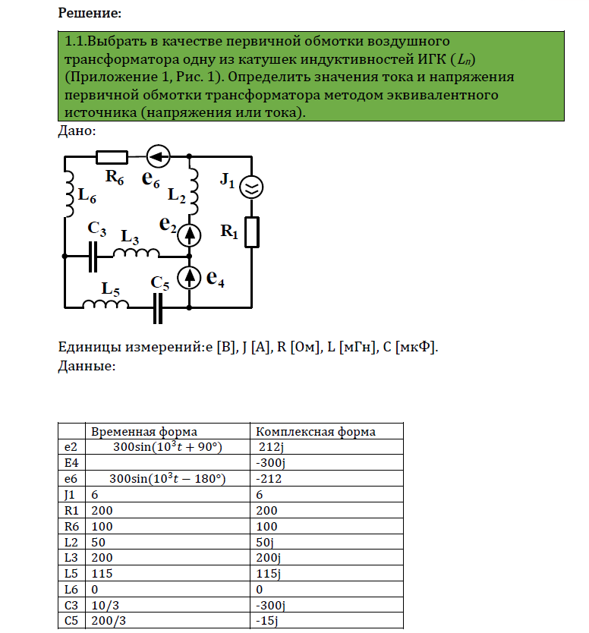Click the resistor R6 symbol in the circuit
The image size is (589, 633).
pyautogui.click(x=112, y=157)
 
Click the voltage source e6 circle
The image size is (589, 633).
pyautogui.click(x=159, y=157)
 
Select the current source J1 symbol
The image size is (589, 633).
pyautogui.click(x=251, y=186)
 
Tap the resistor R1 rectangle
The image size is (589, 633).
pyautogui.click(x=251, y=231)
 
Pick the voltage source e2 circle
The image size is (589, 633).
pyautogui.click(x=190, y=235)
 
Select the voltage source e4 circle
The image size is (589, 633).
pyautogui.click(x=190, y=278)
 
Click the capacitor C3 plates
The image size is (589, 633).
pyautogui.click(x=93, y=256)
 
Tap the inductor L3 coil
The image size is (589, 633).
pyautogui.click(x=137, y=254)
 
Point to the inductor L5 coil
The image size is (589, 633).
pyautogui.click(x=106, y=304)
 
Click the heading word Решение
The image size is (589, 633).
pyautogui.click(x=89, y=13)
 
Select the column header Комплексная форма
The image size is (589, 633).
pyautogui.click(x=317, y=432)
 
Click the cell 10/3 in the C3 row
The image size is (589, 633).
pyautogui.click(x=102, y=605)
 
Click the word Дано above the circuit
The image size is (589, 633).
pyautogui.click(x=76, y=131)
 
